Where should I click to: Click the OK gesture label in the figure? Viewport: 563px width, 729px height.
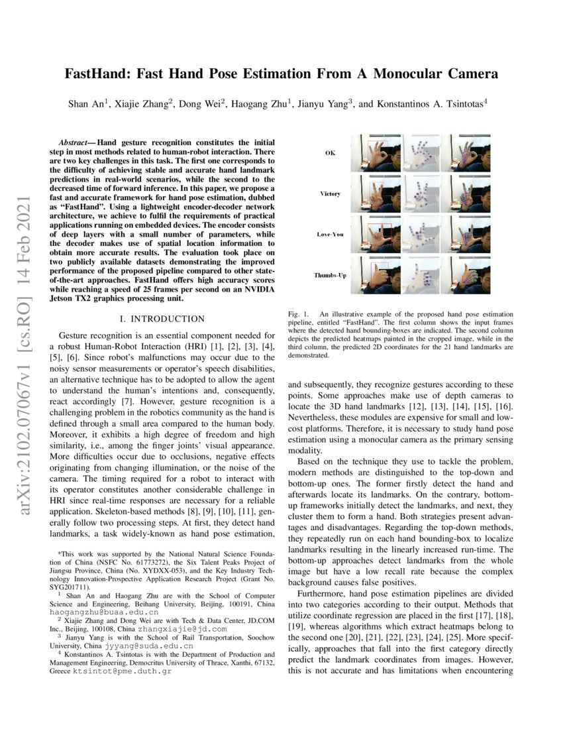coord(330,153)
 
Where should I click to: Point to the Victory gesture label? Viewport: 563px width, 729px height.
coord(330,194)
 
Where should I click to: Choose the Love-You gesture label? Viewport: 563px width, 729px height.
coord(330,235)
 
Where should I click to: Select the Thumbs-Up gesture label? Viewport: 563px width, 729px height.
coord(330,274)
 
